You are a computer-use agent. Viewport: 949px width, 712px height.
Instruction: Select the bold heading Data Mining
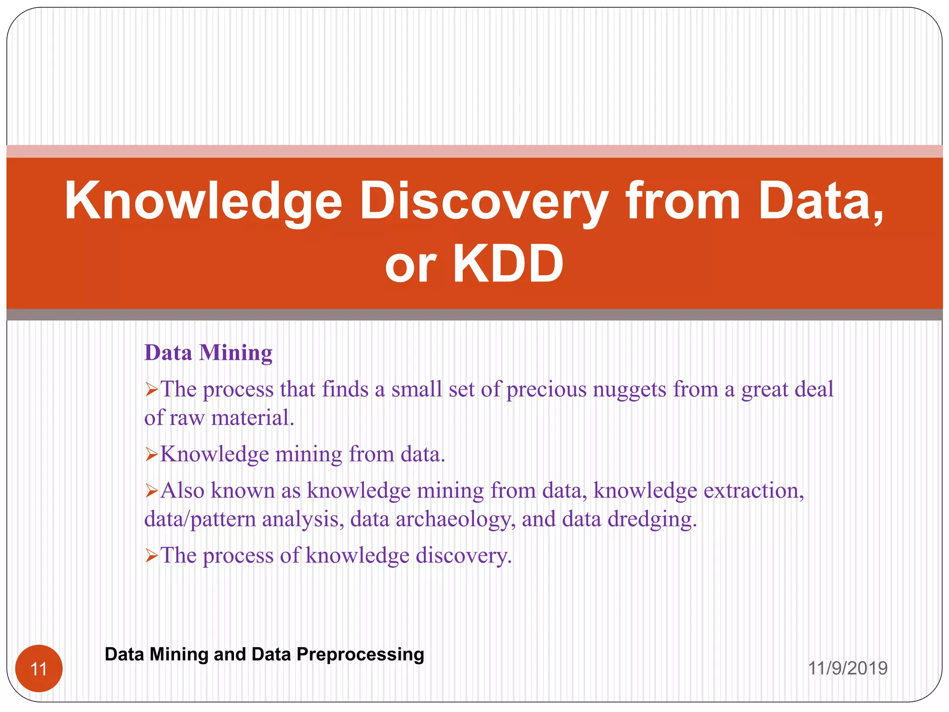208,353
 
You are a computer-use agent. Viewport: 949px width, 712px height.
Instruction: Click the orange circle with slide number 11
39,668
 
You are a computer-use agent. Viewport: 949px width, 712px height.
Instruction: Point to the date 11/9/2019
848,668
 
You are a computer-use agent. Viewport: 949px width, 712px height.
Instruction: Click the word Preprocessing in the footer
360,654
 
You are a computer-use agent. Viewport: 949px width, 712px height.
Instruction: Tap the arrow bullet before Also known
152,490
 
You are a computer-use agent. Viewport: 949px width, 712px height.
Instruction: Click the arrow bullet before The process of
152,555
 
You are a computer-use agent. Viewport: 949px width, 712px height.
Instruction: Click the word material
253,418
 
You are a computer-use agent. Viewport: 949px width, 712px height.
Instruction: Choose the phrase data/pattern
200,519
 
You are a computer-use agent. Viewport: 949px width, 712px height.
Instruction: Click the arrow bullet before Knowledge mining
152,454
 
